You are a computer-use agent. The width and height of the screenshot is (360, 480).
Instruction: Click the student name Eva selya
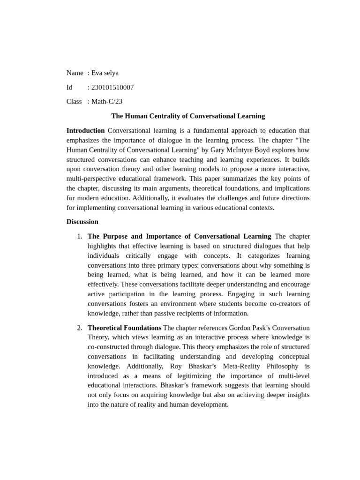pyautogui.click(x=105, y=73)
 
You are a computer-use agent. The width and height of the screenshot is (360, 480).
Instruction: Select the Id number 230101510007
pyautogui.click(x=112, y=88)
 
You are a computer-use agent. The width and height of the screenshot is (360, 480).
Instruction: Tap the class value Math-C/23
pyautogui.click(x=107, y=102)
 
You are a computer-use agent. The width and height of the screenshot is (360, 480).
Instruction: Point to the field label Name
pyautogui.click(x=75, y=73)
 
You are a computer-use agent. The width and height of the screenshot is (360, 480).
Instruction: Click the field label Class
pyautogui.click(x=74, y=102)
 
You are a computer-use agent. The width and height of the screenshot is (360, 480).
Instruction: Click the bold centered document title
pyautogui.click(x=188, y=116)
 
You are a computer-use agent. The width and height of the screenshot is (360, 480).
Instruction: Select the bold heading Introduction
pyautogui.click(x=85, y=131)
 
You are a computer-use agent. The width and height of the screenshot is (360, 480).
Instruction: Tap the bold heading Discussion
pyautogui.click(x=82, y=222)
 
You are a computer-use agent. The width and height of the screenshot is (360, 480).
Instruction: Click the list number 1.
pyautogui.click(x=79, y=236)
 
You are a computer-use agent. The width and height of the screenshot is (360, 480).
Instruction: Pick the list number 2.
pyautogui.click(x=79, y=328)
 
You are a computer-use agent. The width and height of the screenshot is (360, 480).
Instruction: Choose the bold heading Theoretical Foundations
pyautogui.click(x=124, y=328)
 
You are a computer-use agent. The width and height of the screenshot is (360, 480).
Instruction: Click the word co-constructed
pyautogui.click(x=110, y=347)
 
